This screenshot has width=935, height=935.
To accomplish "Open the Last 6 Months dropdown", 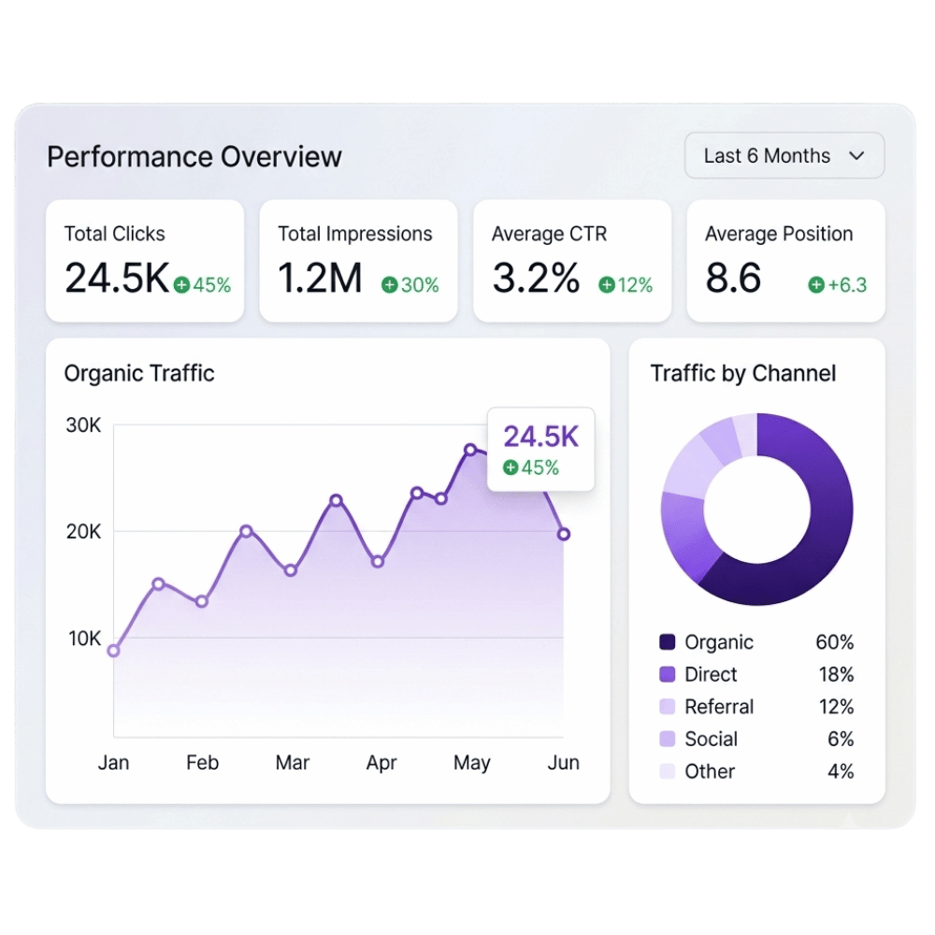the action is coord(784,155).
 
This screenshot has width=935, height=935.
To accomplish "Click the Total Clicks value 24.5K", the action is coord(117,278).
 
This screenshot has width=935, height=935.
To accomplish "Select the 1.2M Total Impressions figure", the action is coord(320,278).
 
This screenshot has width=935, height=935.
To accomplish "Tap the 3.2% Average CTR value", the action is coord(536,278).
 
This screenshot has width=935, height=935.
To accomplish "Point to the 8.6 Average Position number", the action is coord(733,278).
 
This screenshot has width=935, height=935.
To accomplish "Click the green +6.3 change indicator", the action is coord(837,285).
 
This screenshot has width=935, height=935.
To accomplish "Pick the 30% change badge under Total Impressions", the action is coord(410,285).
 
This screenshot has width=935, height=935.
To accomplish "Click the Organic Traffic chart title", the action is coord(139,373).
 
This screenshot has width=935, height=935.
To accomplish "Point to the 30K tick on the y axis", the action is coord(83,425).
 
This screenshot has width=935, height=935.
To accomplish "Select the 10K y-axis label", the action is coord(84,638).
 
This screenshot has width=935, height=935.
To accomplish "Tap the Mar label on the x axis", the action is coord(292,762).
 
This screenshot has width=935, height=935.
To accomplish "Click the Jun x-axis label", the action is coord(563,762).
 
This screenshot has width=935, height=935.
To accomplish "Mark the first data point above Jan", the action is coord(113,651).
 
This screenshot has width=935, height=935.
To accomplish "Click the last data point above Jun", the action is coord(564,534).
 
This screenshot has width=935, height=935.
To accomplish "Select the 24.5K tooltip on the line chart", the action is coord(540,450).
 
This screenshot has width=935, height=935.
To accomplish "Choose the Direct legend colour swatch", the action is coord(668,674).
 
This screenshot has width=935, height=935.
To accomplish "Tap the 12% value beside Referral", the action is coord(836,707).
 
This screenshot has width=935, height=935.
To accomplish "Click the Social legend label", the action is coord(711,739).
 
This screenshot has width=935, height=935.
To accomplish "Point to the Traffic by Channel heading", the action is coord(743,373).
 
